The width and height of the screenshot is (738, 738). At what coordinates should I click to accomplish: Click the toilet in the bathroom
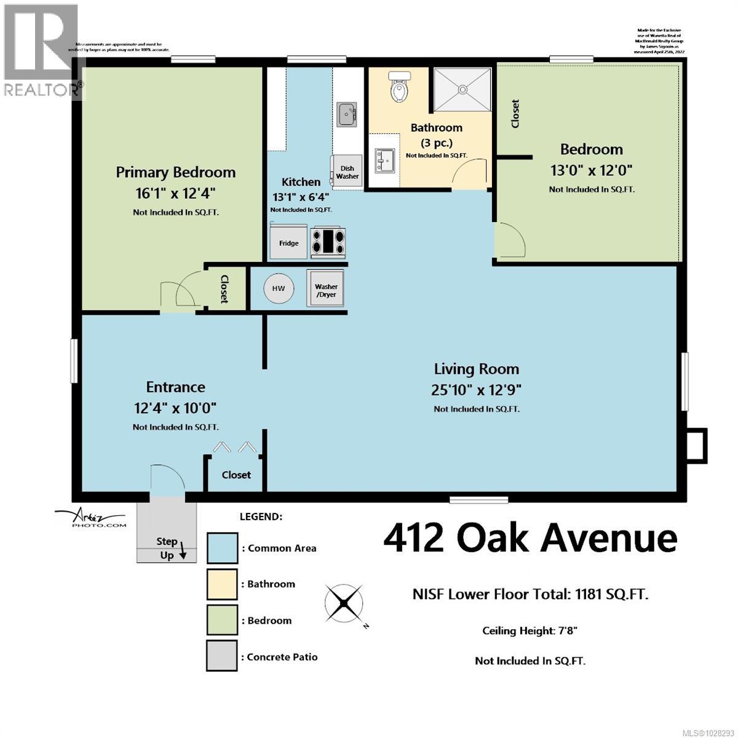point(400,86)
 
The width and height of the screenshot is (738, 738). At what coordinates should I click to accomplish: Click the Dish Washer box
point(347,172)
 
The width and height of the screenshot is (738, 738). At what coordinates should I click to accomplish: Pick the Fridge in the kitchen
point(288,242)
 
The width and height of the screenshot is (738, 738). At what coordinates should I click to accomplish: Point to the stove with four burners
point(328,241)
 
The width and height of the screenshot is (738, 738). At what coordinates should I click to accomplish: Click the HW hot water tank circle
point(279,288)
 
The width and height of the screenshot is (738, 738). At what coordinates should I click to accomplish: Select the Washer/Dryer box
point(326,290)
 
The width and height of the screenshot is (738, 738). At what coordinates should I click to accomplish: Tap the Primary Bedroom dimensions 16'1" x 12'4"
point(175,193)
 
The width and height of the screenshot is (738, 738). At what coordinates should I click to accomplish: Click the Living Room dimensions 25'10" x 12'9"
point(477,390)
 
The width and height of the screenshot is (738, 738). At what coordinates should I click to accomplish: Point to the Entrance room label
point(175,387)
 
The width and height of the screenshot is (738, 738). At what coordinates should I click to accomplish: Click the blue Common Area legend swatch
point(222,548)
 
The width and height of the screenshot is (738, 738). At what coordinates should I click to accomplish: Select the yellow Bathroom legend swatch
point(222,584)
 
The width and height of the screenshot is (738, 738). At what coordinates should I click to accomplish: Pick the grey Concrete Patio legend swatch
point(222,656)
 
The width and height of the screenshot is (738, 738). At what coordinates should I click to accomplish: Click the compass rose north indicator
point(344,601)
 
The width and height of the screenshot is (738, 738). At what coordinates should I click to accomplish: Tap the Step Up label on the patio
point(167,548)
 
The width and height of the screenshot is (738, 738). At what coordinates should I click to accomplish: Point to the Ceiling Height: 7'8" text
point(530,630)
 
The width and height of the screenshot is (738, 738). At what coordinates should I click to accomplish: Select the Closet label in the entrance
point(236,475)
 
